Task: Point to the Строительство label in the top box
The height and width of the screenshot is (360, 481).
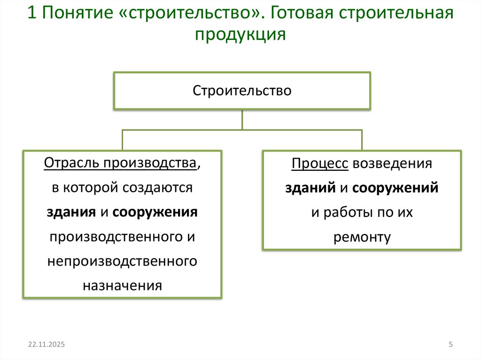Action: [x=242, y=90]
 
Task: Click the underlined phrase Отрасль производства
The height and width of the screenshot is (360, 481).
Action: [x=120, y=163]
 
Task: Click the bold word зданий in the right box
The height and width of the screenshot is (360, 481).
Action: [x=310, y=188]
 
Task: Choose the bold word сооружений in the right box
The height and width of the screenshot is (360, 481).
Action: [x=395, y=188]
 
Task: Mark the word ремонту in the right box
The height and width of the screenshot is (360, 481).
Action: [x=362, y=237]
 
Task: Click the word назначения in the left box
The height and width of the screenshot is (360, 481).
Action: [x=123, y=285]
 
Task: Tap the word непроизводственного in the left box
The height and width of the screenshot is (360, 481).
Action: [x=122, y=260]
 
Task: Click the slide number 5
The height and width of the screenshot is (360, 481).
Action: [x=450, y=345]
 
